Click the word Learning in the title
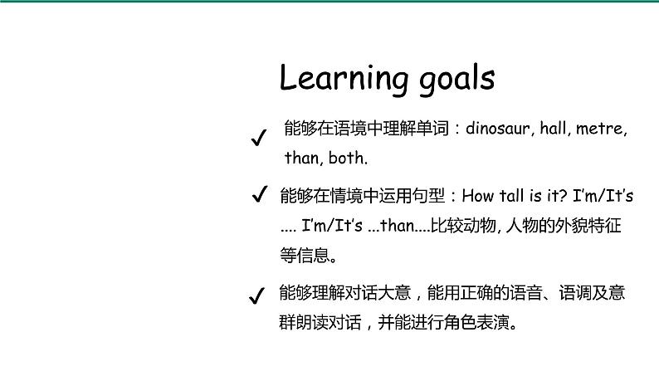[344, 79]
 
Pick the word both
[348, 158]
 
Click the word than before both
[304, 158]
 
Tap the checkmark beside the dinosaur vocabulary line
[258, 138]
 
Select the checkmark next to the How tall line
[259, 193]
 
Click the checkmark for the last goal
[256, 295]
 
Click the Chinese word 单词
[432, 129]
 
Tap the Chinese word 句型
[428, 196]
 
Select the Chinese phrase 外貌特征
[588, 226]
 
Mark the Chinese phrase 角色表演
[477, 323]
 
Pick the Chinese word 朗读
[312, 323]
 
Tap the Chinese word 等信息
[305, 256]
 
